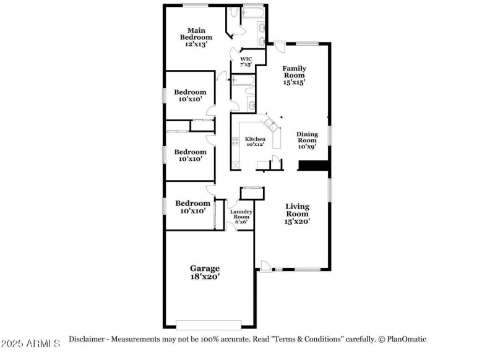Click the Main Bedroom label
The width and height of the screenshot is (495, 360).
(196, 37)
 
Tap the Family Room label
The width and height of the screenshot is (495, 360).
(295, 75)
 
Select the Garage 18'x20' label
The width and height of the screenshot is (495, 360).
(205, 272)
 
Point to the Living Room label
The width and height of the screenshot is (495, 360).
(297, 213)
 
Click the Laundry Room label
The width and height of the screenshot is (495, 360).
(241, 216)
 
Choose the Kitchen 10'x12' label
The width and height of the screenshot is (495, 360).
(255, 142)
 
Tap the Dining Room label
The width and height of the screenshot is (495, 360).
(307, 140)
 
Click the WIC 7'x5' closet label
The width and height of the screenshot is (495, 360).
(246, 61)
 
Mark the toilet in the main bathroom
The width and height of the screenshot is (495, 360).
(234, 12)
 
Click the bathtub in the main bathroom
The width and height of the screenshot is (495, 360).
(253, 12)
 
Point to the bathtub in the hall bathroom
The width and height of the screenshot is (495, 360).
(243, 80)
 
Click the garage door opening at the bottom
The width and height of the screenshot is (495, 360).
(209, 325)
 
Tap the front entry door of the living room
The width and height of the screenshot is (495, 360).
(266, 266)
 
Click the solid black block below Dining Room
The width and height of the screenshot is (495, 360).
(314, 166)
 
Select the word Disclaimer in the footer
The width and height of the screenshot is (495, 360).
(87, 339)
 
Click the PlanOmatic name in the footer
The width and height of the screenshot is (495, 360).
(407, 339)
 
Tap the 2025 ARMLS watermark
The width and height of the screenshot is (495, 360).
(30, 343)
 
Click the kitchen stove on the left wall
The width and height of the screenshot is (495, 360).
(236, 141)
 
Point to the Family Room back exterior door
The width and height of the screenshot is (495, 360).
(280, 47)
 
